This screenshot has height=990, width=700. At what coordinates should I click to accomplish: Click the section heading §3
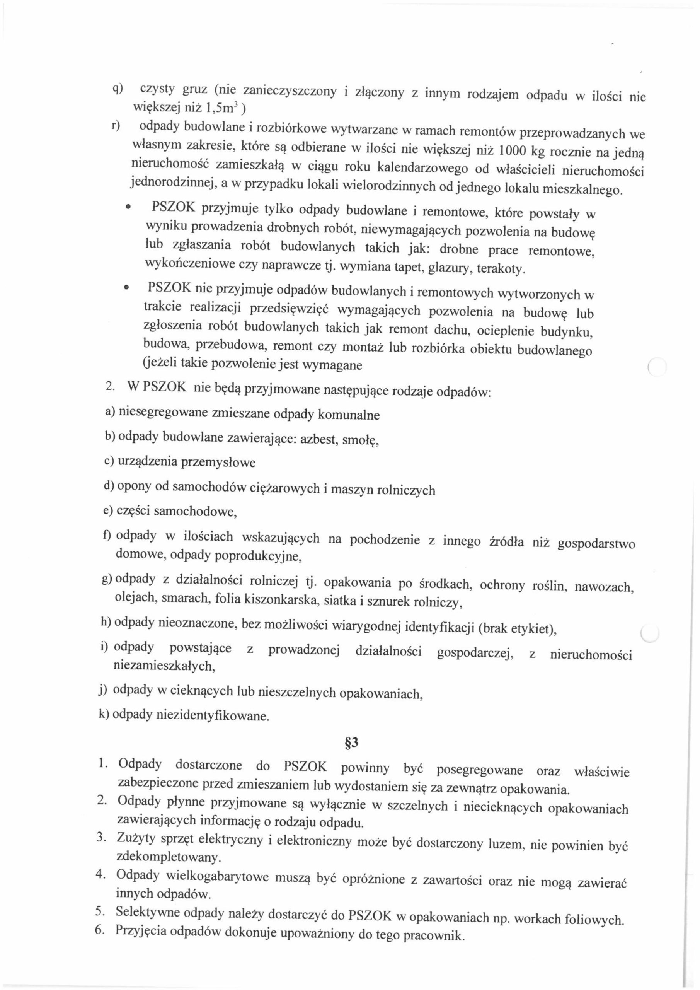[x=352, y=743]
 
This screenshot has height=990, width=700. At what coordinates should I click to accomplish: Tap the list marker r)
[x=115, y=125]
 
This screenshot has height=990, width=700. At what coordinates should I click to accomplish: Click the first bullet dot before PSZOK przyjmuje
[x=128, y=208]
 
